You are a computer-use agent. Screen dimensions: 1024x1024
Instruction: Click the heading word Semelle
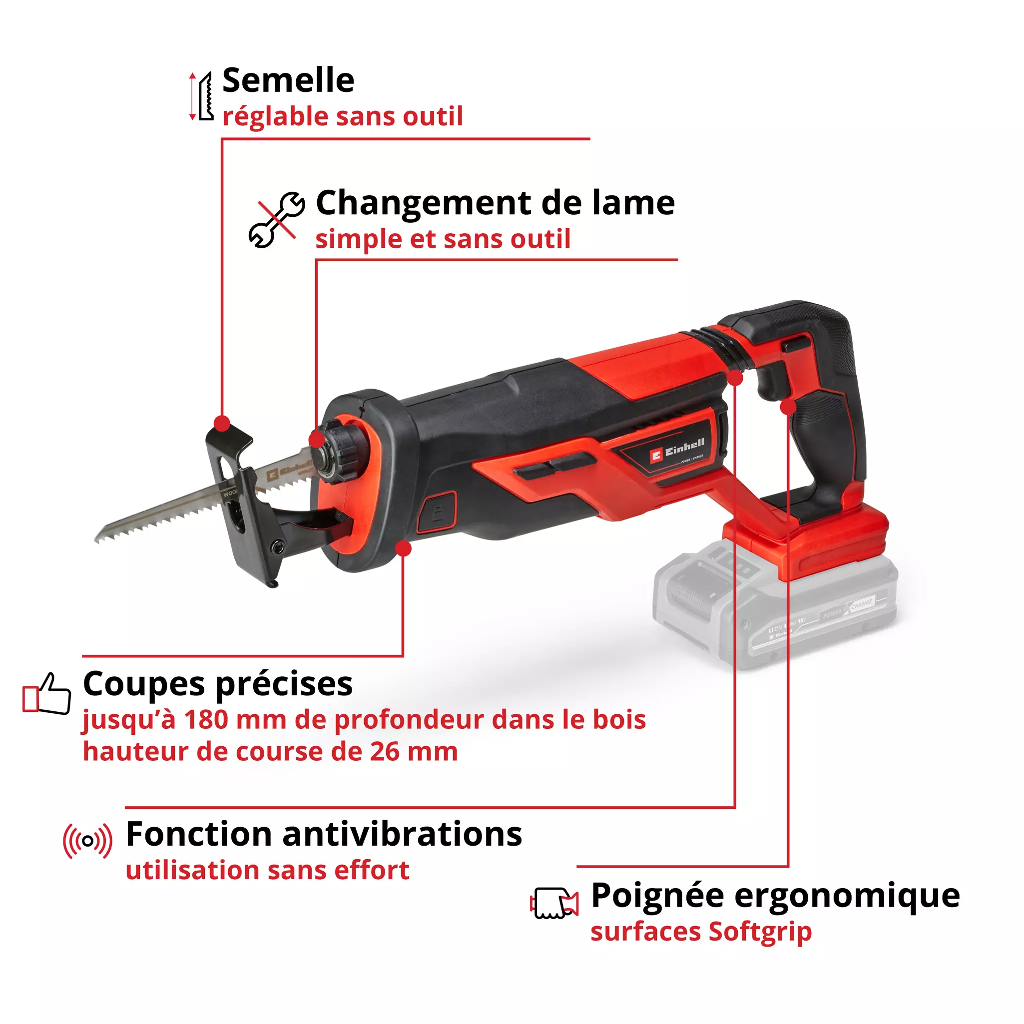click(288, 81)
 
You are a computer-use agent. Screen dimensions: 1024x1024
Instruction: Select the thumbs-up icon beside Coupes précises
click(46, 694)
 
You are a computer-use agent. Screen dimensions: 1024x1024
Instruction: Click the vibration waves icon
click(87, 841)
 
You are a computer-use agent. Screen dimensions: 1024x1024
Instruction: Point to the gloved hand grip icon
click(554, 903)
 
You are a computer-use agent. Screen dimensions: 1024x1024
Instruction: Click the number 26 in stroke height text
click(385, 752)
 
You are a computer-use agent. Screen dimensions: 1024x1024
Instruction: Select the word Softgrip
click(760, 931)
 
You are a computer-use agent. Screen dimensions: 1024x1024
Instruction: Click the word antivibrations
click(402, 834)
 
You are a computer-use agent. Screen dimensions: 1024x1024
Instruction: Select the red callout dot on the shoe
click(223, 424)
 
